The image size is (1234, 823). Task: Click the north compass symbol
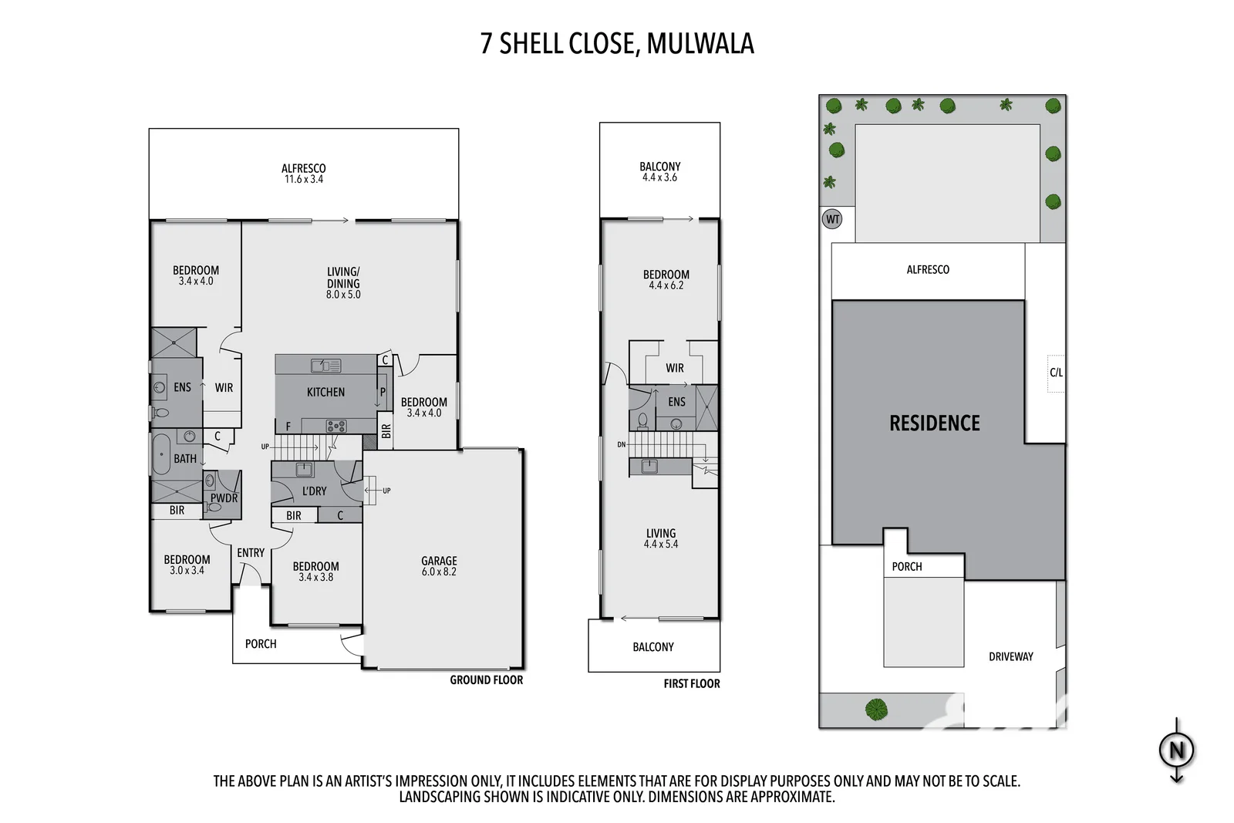pyautogui.click(x=1176, y=749)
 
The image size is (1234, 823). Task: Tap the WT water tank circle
pyautogui.click(x=832, y=219)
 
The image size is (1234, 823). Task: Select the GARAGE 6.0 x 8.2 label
pyautogui.click(x=439, y=566)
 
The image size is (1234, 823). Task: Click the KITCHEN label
pyautogui.click(x=325, y=392)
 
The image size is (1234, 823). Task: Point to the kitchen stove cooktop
pyautogui.click(x=336, y=426)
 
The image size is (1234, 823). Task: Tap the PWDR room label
pyautogui.click(x=224, y=498)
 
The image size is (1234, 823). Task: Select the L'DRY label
pyautogui.click(x=314, y=491)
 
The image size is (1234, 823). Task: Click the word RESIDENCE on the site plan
pyautogui.click(x=934, y=423)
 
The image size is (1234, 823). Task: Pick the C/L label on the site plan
pyautogui.click(x=1056, y=373)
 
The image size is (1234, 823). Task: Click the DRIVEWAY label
pyautogui.click(x=1010, y=656)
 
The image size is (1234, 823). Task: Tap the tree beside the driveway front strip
pyautogui.click(x=876, y=709)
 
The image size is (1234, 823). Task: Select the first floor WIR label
pyautogui.click(x=675, y=368)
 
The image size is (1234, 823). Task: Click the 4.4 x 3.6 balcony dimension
pyautogui.click(x=659, y=177)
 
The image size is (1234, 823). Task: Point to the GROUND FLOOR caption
pyautogui.click(x=486, y=680)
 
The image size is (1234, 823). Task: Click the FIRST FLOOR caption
pyautogui.click(x=691, y=683)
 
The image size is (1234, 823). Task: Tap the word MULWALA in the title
pyautogui.click(x=700, y=43)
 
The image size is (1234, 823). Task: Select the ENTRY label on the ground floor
pyautogui.click(x=251, y=552)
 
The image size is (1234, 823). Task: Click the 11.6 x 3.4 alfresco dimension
pyautogui.click(x=304, y=179)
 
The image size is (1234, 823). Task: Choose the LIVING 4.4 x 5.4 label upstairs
pyautogui.click(x=661, y=538)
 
